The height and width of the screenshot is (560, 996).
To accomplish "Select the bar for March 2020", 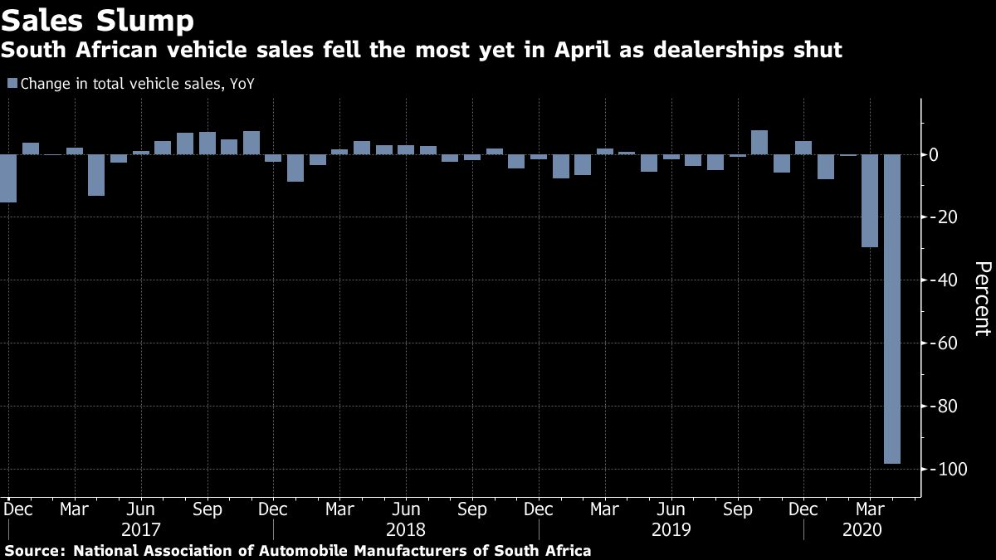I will coord(870,201).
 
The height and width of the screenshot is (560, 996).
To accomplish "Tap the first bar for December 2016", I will coord(7,178).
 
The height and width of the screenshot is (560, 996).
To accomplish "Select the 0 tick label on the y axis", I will coord(934,155).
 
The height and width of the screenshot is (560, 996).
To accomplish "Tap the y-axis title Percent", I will coord(983,298).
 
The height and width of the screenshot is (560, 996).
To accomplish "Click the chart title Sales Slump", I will coord(98,19).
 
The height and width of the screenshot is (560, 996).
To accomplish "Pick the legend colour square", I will coord(12,83).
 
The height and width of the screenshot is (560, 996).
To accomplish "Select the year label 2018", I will coord(405,529).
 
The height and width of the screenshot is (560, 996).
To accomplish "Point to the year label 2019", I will coord(671,529).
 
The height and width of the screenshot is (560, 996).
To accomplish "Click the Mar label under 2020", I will coord(870,509).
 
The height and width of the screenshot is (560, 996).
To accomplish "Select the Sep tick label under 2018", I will coord(472,509).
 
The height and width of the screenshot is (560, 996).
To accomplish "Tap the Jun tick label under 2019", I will coord(671,509).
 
